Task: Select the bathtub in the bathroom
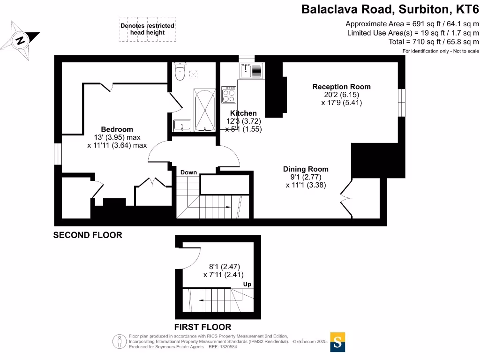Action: [x=203, y=111]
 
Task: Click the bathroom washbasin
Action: [x=182, y=125]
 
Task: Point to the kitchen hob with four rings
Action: [x=229, y=95]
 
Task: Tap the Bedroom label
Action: [x=117, y=129]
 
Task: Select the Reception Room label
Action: [x=341, y=87]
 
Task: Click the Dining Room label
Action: [x=306, y=169]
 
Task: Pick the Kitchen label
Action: [x=243, y=113]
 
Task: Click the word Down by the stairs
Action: [x=188, y=172]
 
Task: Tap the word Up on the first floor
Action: [x=247, y=284]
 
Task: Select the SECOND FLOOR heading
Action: [x=88, y=235]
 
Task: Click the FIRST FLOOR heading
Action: [x=202, y=327]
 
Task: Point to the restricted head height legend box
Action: [x=147, y=29]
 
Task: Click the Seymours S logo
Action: [x=337, y=342]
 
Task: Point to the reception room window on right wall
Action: [x=401, y=102]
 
